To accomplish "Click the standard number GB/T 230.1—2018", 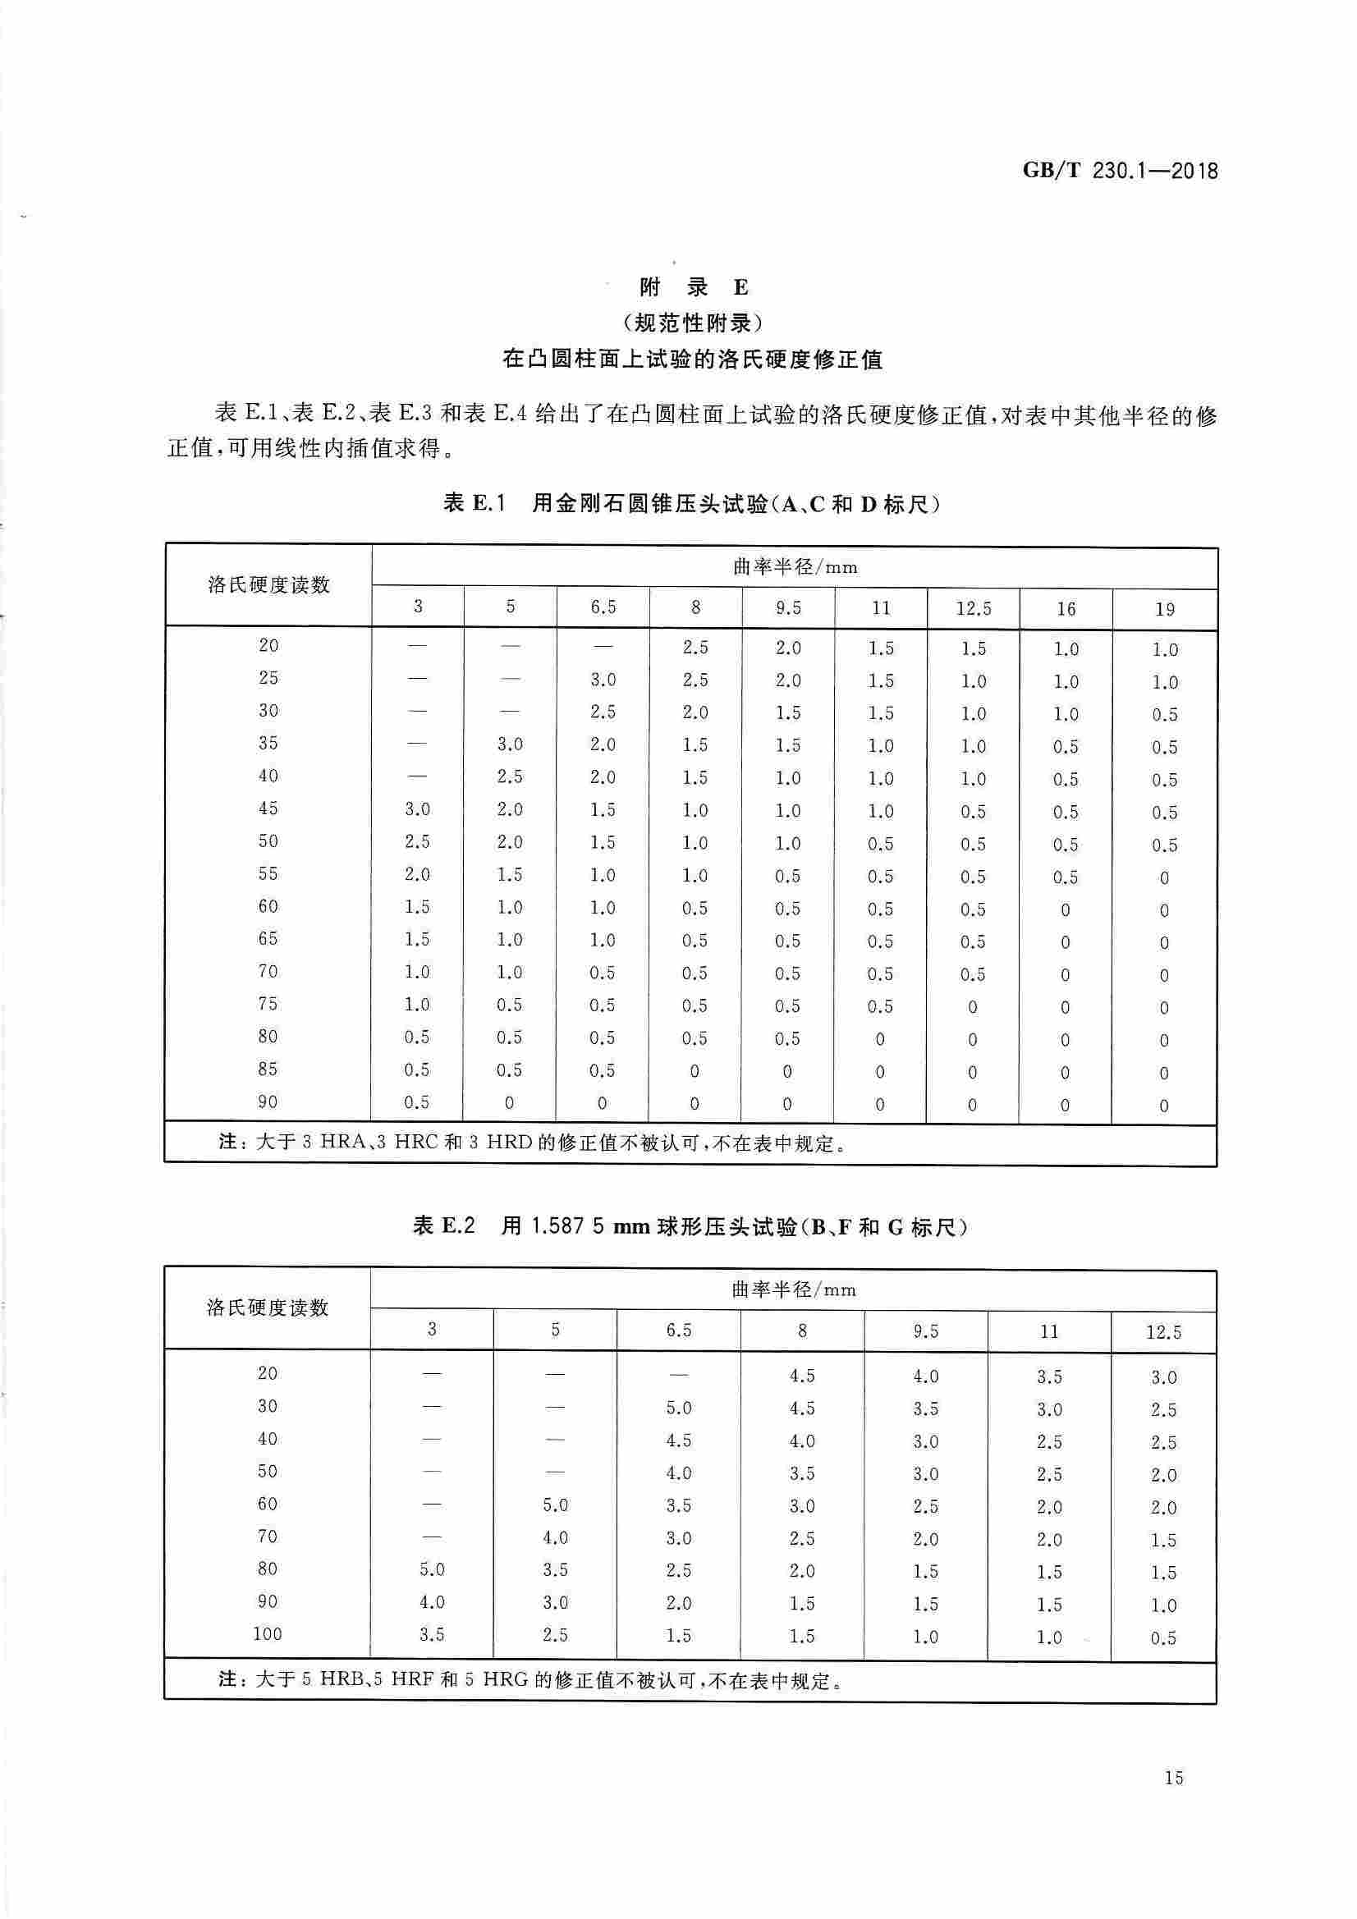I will (x=1120, y=172).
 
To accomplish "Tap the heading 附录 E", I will (x=693, y=287).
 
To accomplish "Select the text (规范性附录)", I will (x=693, y=323).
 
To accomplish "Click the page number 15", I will (x=1173, y=1778).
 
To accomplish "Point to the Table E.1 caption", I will (x=691, y=504).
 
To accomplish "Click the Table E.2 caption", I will (x=690, y=1226).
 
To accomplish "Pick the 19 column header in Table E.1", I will (x=1164, y=609).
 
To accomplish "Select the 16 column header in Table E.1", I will (x=1066, y=609).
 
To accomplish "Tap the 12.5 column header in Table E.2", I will (x=1163, y=1331).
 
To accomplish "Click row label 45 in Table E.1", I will (x=268, y=808).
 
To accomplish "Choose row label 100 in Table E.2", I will (x=268, y=1633).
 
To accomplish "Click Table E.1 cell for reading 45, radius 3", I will (x=417, y=809).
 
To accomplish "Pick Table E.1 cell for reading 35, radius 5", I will (x=509, y=744).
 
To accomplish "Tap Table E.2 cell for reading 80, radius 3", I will (x=432, y=1569).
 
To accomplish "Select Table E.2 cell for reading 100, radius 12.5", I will (x=1163, y=1637).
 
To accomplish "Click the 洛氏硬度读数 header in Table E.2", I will (x=268, y=1308).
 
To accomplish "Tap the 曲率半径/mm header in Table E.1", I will (x=795, y=567).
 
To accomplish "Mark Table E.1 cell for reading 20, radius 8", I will (x=695, y=647).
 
